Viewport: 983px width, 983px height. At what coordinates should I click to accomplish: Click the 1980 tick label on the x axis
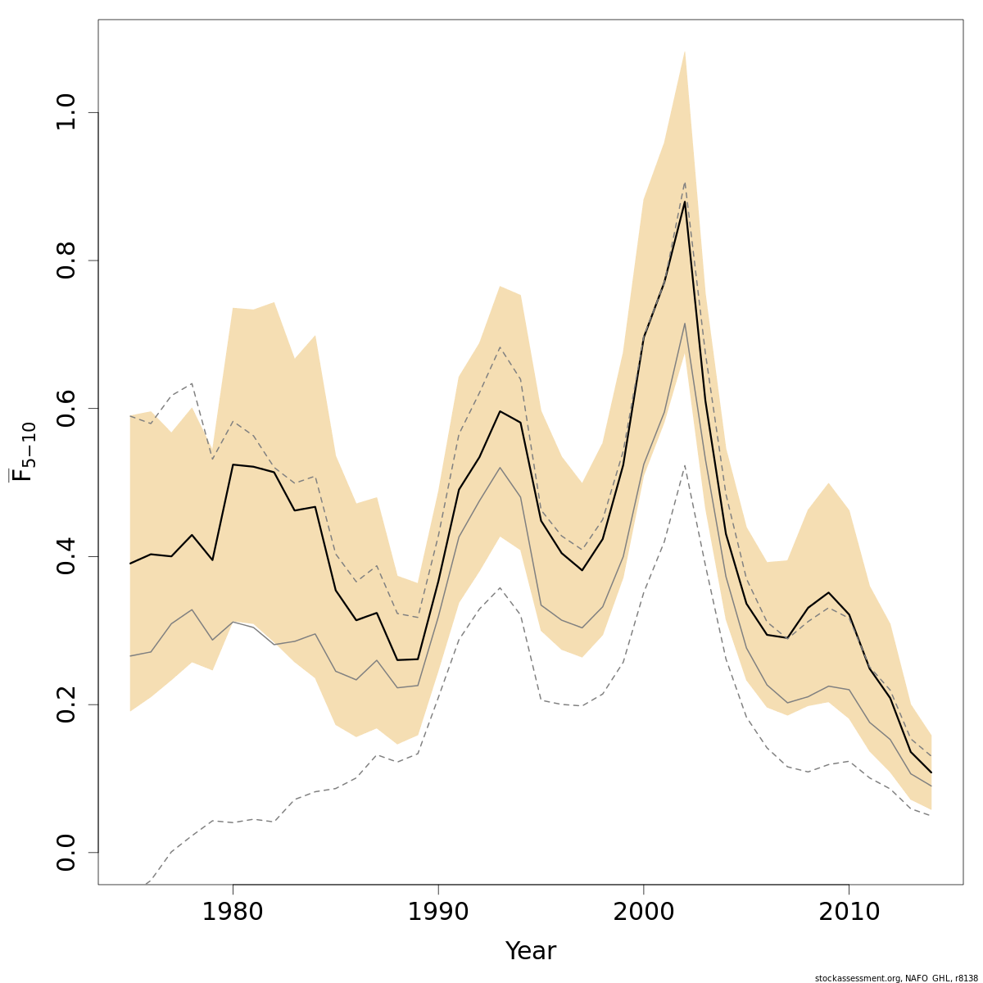pos(233,913)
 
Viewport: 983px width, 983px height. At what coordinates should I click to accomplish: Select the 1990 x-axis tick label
pos(438,913)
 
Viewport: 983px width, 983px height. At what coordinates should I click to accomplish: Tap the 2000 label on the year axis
pos(643,913)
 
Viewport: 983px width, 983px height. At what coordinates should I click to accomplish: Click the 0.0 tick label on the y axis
pos(66,852)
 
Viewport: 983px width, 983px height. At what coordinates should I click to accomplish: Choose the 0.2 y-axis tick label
pos(66,704)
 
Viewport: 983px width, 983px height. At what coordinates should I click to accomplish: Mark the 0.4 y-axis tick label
pos(66,556)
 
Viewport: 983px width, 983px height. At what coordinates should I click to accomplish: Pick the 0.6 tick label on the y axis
pos(66,408)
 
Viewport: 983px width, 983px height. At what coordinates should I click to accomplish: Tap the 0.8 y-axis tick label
pos(66,260)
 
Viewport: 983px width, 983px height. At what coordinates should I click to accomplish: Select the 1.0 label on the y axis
pos(66,112)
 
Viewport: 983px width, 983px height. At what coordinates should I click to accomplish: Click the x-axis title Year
pos(530,951)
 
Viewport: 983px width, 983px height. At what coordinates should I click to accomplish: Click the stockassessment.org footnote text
pos(896,978)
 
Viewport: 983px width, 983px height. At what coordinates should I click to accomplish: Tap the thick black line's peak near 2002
pos(684,202)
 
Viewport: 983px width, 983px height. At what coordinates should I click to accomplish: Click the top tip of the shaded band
pos(684,52)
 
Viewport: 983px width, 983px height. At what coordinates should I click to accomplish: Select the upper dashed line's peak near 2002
pos(684,183)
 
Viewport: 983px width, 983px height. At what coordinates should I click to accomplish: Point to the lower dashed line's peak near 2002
pos(684,465)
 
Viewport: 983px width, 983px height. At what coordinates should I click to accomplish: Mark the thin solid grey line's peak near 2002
pos(684,324)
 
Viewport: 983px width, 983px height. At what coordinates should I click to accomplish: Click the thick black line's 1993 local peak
pos(500,411)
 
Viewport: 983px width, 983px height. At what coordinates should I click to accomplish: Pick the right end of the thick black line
pos(931,772)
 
